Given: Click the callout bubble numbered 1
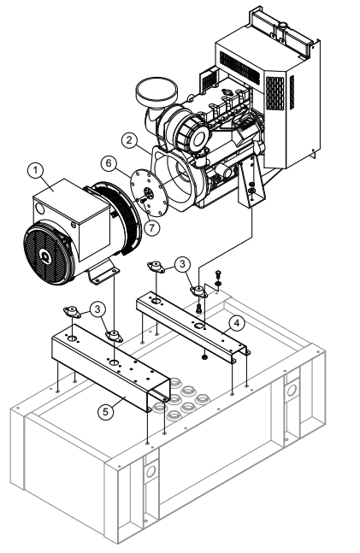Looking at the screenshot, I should click(x=35, y=170).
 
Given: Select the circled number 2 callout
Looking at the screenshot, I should click(x=127, y=139).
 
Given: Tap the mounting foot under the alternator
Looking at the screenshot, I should click(x=106, y=274).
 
